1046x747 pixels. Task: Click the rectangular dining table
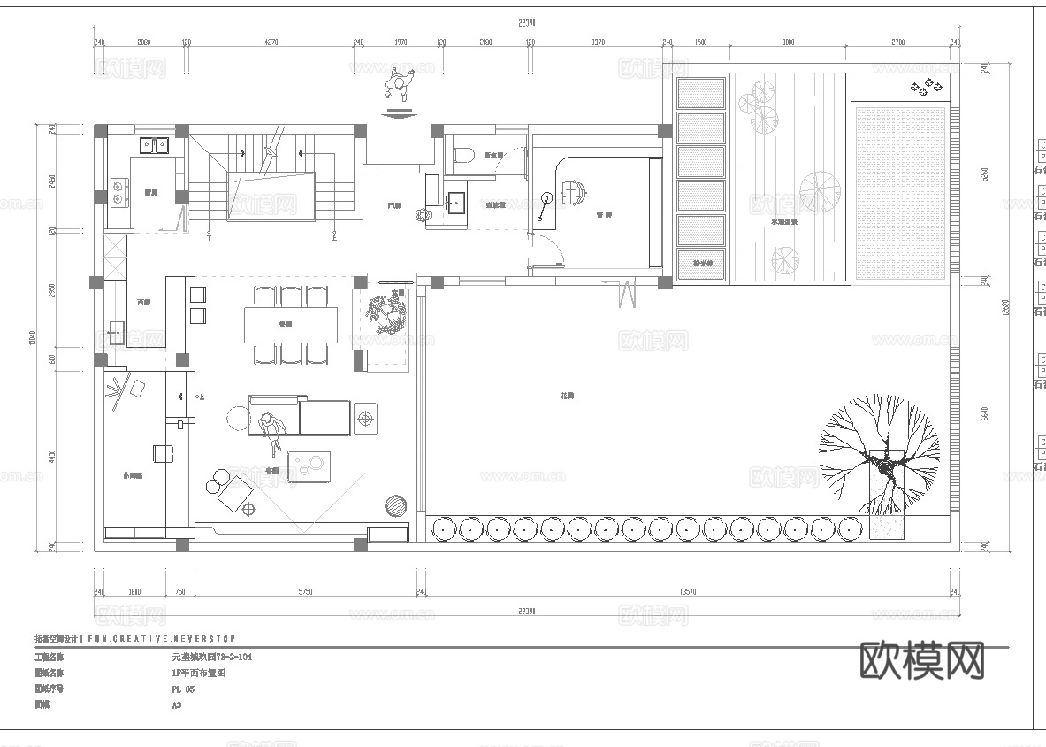291,324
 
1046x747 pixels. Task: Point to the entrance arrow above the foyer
400,113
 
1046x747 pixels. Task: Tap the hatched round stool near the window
394,505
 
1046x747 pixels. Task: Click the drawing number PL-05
183,689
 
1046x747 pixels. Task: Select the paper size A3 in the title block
176,705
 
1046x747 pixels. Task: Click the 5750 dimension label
305,591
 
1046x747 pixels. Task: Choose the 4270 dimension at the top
271,42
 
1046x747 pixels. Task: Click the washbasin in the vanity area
455,202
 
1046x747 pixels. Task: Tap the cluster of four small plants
925,87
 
